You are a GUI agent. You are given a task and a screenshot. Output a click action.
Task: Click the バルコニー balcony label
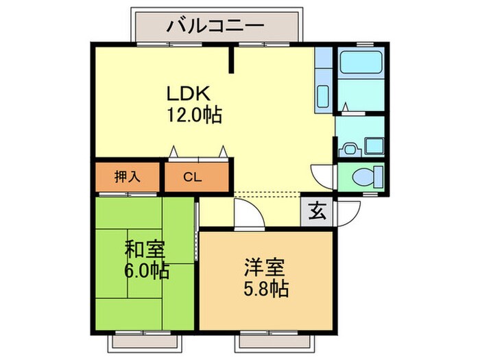215,27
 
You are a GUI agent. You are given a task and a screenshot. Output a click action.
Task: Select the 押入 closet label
127,176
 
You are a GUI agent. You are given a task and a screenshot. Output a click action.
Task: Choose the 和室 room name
146,248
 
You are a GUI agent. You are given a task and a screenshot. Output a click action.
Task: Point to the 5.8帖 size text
265,287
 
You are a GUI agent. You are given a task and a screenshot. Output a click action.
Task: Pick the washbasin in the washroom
348,146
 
